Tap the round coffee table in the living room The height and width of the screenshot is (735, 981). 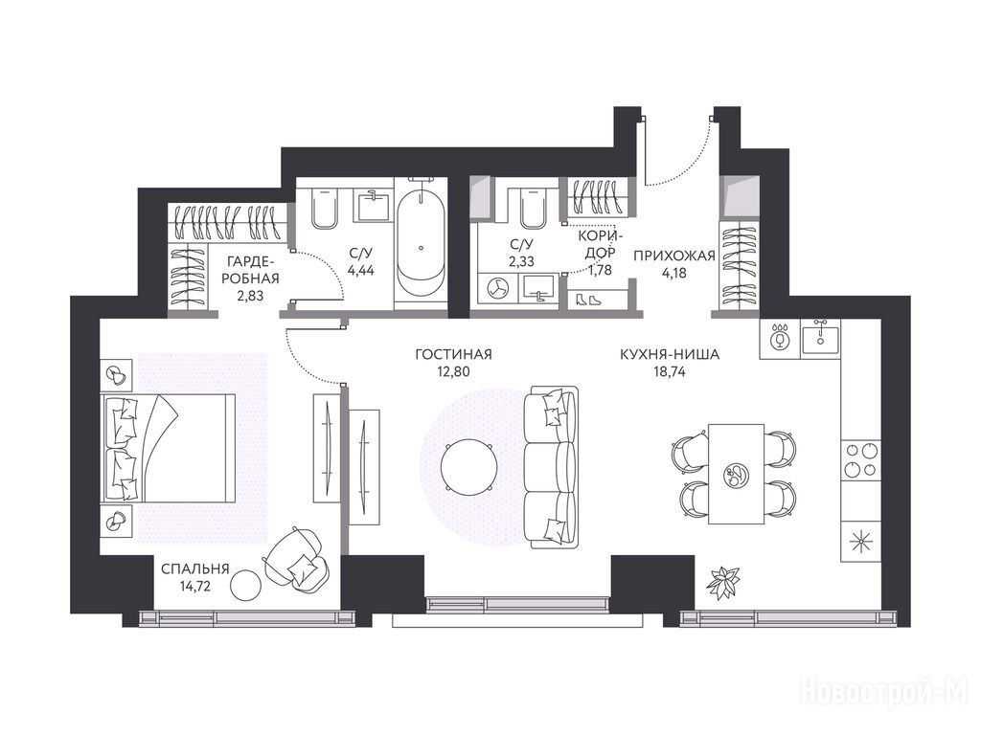coord(468,466)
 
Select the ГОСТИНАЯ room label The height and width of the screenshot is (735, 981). coord(453,354)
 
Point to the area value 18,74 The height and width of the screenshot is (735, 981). coord(670,371)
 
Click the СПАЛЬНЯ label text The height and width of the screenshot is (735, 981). coord(195,569)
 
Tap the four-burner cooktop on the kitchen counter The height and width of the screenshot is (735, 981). coord(860,459)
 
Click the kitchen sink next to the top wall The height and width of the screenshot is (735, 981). coord(821,338)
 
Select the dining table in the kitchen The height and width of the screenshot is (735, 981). coord(736,474)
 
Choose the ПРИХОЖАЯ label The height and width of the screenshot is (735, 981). coord(673,255)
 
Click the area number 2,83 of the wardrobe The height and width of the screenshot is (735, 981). coord(250,295)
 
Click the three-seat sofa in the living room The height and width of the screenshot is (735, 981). coord(551,467)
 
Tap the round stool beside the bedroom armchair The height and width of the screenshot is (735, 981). coord(246,585)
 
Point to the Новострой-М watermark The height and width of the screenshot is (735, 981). coord(884,691)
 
